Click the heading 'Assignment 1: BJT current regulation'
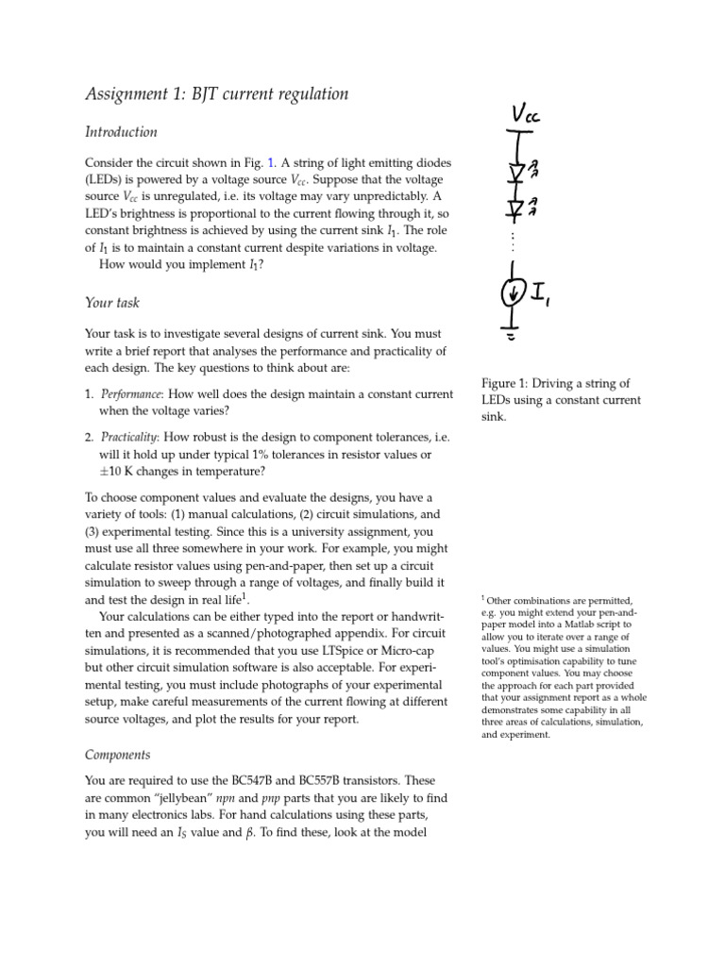pos(216,93)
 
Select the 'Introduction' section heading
pos(121,132)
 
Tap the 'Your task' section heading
pos(111,303)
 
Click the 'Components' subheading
pos(117,755)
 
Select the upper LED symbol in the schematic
pos(515,170)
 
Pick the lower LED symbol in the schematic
pos(515,207)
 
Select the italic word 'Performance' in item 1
pos(130,392)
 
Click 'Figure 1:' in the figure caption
pos(506,383)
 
